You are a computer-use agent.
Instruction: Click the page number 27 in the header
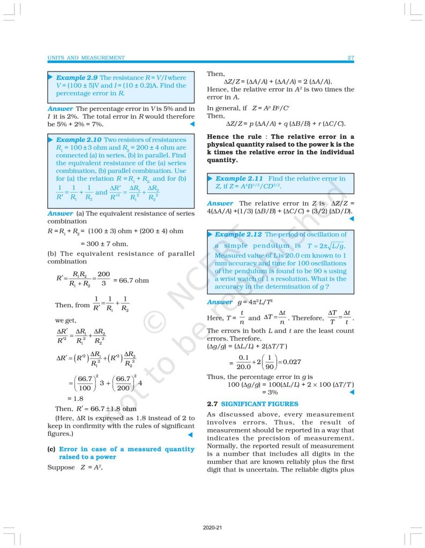pyautogui.click(x=351, y=57)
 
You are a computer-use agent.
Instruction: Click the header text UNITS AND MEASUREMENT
pyautogui.click(x=86, y=57)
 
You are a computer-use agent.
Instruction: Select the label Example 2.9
pyautogui.click(x=77, y=78)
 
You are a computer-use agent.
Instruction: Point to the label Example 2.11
pyautogui.click(x=238, y=178)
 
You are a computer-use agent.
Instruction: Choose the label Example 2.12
pyautogui.click(x=238, y=234)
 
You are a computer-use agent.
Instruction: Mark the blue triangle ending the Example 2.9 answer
pyautogui.click(x=191, y=124)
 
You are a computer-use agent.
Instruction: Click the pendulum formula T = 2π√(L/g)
pyautogui.click(x=327, y=246)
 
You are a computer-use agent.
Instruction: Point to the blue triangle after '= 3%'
pyautogui.click(x=351, y=392)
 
